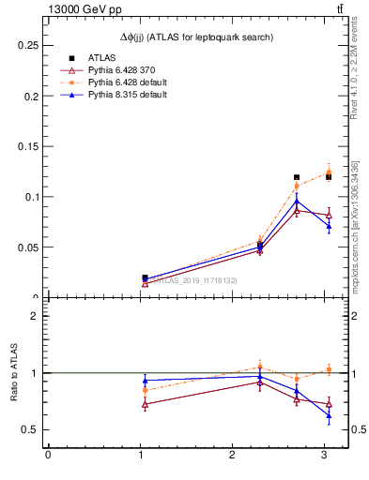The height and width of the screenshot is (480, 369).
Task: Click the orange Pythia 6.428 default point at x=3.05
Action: tap(329, 172)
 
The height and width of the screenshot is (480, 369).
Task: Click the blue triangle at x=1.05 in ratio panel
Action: tap(145, 381)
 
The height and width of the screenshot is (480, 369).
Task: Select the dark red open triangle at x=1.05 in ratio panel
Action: tap(145, 405)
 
